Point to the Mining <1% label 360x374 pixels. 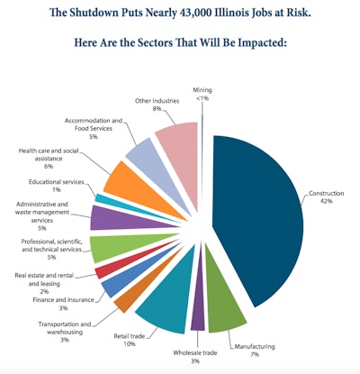click(x=203, y=94)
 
